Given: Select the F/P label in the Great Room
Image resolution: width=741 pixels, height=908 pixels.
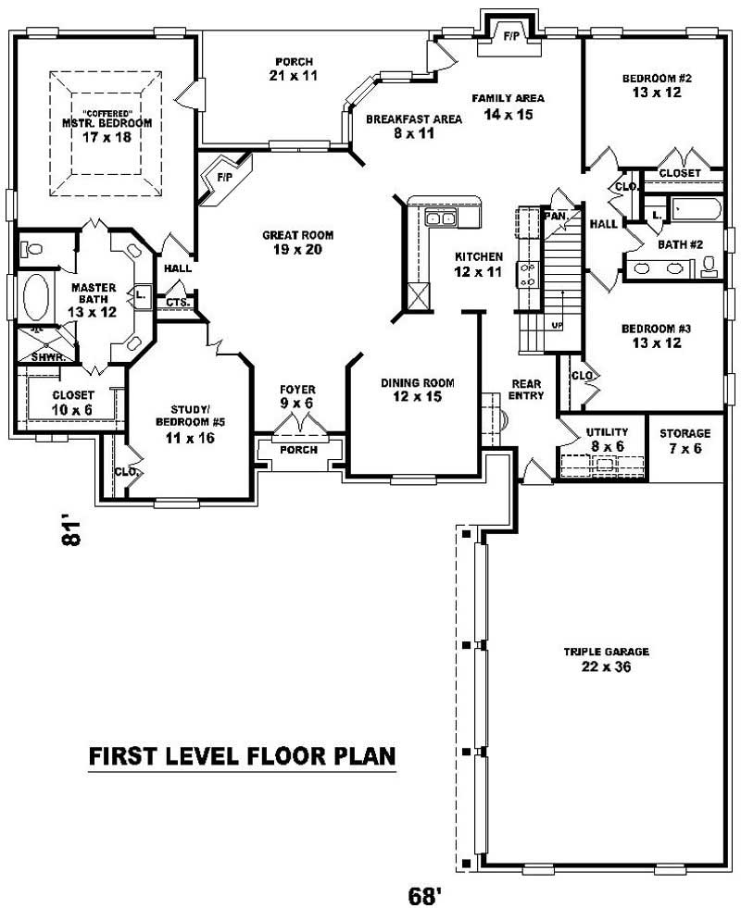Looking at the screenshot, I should [x=224, y=177].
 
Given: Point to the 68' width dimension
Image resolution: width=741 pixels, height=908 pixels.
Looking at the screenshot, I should [x=422, y=895].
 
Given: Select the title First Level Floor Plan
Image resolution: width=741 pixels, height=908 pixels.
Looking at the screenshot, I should [x=242, y=756].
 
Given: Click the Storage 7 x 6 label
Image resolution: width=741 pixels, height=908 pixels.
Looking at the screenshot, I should [x=684, y=441].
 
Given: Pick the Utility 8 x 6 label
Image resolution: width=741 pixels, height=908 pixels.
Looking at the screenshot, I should [x=607, y=439].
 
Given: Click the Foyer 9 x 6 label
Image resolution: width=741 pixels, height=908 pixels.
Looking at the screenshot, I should [x=298, y=396].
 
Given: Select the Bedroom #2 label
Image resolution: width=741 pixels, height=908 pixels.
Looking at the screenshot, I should [x=657, y=84].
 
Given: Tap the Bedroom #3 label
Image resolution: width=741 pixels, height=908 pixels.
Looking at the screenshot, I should [x=657, y=335].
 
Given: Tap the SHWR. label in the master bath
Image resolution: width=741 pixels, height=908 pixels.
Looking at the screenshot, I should [x=43, y=355].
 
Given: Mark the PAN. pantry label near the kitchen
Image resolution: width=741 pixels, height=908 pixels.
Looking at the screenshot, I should [x=556, y=215].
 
